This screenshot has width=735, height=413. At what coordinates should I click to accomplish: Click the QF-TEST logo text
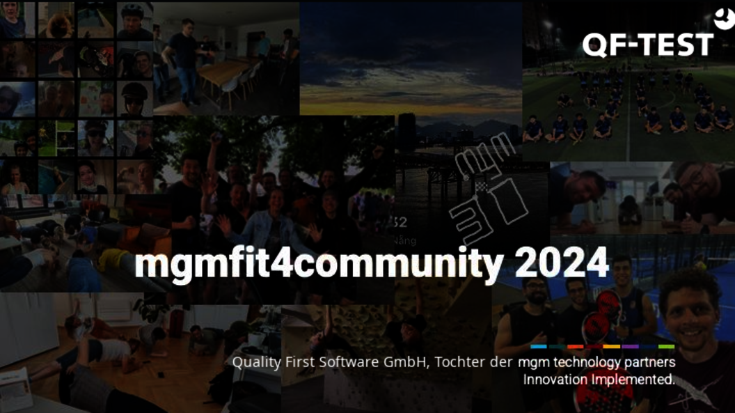[647, 45]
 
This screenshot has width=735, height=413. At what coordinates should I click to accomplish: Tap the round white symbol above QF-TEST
[725, 20]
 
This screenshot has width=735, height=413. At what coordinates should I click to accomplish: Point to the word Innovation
[555, 380]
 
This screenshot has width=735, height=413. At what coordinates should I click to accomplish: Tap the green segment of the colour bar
[666, 346]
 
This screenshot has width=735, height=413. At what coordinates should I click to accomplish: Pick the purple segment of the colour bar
[630, 346]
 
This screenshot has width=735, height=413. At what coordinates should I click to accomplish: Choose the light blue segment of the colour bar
[539, 346]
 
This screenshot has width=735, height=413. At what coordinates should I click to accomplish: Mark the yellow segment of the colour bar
[612, 346]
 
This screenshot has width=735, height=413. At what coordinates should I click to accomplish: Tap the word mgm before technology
[532, 363]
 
